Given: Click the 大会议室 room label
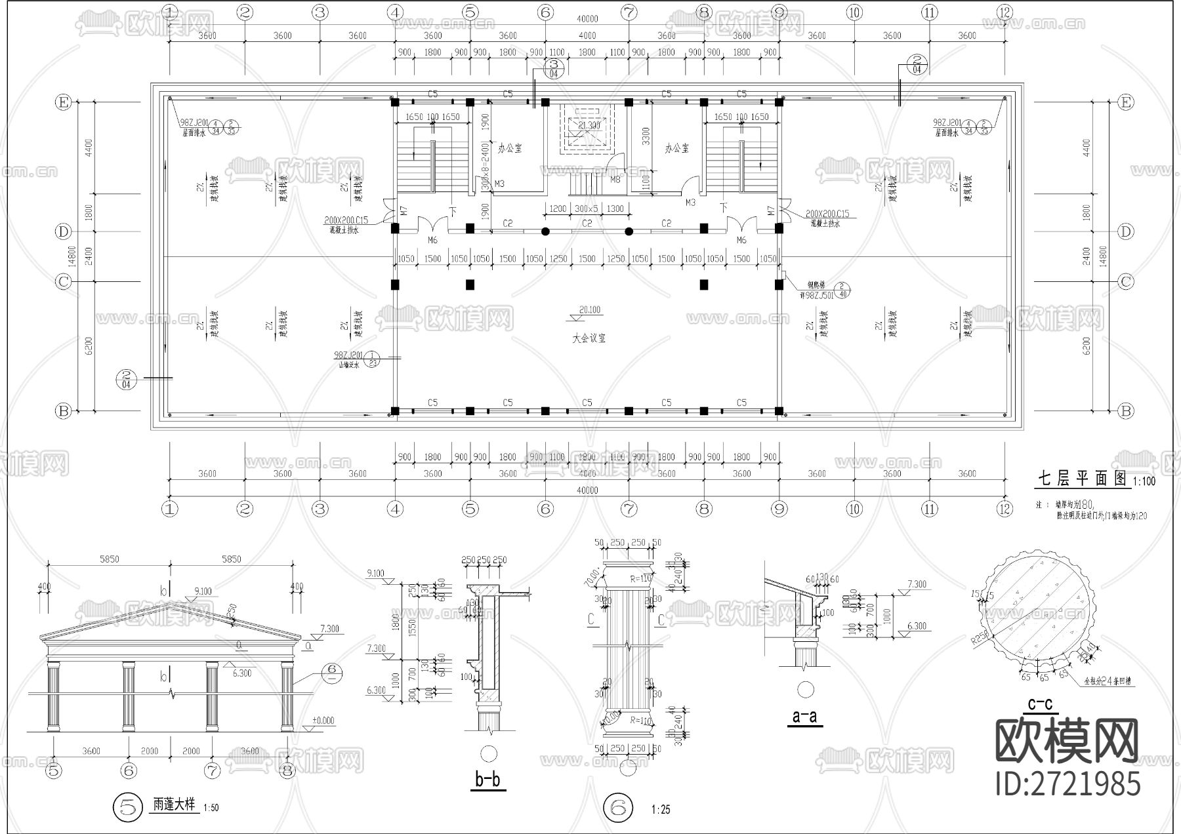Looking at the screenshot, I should (x=588, y=338).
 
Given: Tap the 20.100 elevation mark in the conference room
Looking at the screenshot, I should (x=589, y=310).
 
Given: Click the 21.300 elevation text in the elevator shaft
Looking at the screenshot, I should (x=589, y=125).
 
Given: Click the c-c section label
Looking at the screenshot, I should (x=1040, y=704).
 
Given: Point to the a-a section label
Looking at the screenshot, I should (x=804, y=716).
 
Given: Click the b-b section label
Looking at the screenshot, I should (x=487, y=780).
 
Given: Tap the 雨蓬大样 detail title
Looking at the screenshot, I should (x=174, y=804).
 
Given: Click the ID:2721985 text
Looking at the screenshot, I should (x=1067, y=784).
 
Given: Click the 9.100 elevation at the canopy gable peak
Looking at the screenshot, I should (x=203, y=591).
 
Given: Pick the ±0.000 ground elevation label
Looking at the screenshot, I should (x=322, y=721).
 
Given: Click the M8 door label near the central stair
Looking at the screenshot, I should (x=615, y=179).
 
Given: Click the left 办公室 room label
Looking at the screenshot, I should (x=510, y=148).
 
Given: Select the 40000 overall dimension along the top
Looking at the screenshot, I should (x=587, y=20).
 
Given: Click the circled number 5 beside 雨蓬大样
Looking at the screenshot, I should (x=128, y=806).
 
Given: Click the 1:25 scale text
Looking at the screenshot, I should (x=661, y=810).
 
